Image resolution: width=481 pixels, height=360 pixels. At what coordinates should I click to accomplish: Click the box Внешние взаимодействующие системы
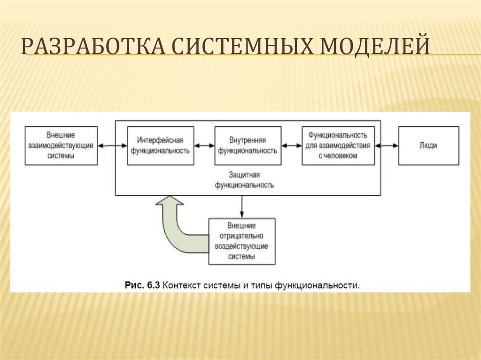click(x=61, y=146)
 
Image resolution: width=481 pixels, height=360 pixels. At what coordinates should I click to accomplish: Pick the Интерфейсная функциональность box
click(x=160, y=146)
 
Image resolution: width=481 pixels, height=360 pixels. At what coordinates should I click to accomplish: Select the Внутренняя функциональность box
click(x=248, y=146)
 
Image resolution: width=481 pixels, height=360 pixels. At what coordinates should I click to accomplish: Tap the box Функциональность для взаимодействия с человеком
click(x=338, y=146)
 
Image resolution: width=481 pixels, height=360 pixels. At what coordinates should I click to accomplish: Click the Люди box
click(x=428, y=146)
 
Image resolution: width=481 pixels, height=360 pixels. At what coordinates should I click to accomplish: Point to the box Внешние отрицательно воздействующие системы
click(x=241, y=241)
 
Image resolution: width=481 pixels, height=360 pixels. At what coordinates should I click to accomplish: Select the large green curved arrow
click(x=176, y=225)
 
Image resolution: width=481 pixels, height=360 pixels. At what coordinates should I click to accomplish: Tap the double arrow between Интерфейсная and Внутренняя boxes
click(x=204, y=146)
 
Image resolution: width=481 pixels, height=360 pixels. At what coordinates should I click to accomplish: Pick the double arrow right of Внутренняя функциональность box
click(x=292, y=146)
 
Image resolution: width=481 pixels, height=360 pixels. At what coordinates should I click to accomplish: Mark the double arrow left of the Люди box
click(x=387, y=146)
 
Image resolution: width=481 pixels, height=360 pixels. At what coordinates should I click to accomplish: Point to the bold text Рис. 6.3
click(x=142, y=284)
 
